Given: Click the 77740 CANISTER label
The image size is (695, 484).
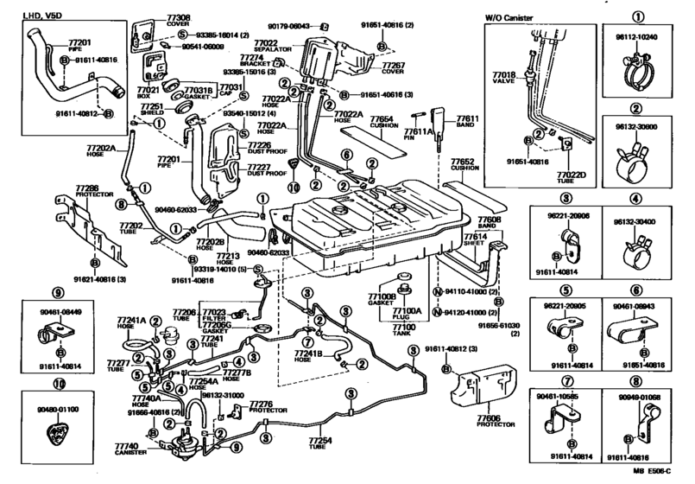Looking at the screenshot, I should [128, 449].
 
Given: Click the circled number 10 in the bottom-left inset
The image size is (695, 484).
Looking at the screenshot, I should [58, 387].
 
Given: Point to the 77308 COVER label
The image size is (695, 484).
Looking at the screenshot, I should [178, 20].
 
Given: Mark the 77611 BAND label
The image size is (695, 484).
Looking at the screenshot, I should [467, 120].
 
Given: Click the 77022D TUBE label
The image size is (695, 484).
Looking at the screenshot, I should [570, 180].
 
